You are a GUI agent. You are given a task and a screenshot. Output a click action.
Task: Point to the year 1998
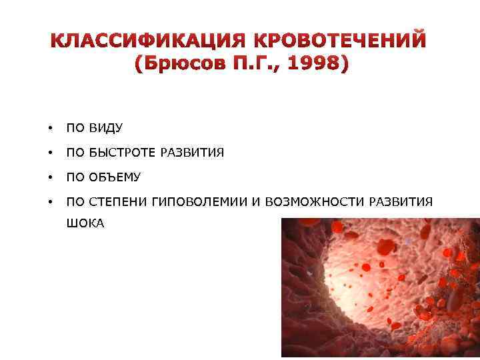[x=315, y=65]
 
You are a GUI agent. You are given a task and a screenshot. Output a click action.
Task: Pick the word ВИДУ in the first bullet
[x=103, y=128]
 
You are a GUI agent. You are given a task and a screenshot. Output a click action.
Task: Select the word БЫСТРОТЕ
[x=120, y=153]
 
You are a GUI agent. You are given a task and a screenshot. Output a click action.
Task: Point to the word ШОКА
[x=85, y=224]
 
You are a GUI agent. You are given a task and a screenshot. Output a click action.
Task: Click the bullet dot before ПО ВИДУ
[x=49, y=128]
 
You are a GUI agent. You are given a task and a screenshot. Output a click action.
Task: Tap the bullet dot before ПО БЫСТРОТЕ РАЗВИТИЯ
[x=49, y=153]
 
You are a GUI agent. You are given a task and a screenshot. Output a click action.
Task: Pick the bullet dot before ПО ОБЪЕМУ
[x=49, y=178]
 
